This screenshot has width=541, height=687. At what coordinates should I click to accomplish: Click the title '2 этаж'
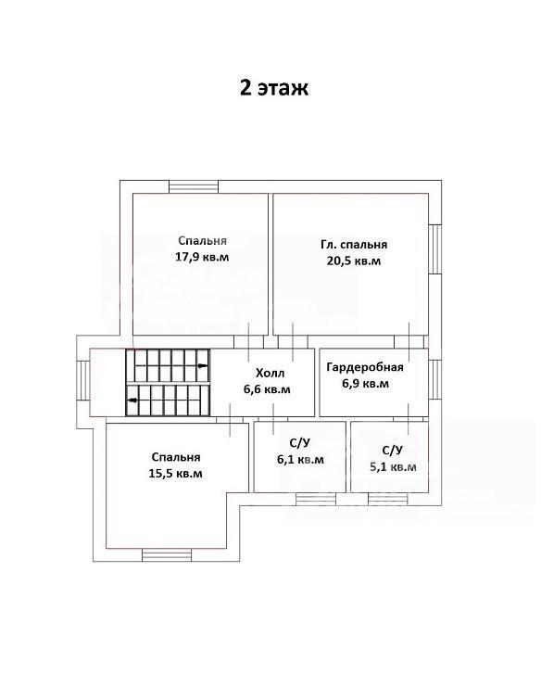(273, 87)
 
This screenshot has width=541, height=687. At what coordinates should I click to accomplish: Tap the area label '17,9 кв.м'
(202, 257)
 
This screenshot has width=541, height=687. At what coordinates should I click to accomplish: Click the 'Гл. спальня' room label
(354, 245)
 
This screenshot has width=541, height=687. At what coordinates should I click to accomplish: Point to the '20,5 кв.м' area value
(354, 261)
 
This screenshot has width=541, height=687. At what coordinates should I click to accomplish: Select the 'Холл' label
(270, 374)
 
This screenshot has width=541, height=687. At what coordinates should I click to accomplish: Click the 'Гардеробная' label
(365, 367)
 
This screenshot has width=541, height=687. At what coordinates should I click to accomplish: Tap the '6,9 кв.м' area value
(366, 384)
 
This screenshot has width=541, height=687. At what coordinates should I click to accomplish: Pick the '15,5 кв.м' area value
(175, 474)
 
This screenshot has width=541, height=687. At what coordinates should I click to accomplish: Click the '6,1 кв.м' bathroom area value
(300, 460)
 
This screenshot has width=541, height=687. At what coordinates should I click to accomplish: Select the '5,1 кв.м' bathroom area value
(393, 467)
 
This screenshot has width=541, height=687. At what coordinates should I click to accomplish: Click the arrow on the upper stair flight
(202, 365)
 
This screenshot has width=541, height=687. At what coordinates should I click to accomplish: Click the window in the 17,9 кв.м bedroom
(194, 187)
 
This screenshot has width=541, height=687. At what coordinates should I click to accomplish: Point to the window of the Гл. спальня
(435, 249)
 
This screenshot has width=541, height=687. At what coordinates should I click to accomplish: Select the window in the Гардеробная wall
(435, 379)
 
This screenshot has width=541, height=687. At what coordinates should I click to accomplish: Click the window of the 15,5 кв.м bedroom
(167, 555)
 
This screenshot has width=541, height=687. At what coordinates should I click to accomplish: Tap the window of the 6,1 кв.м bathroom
(316, 499)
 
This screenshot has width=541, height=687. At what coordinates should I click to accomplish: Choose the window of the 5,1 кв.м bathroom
(388, 499)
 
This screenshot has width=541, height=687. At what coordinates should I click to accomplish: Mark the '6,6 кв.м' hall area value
(267, 389)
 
